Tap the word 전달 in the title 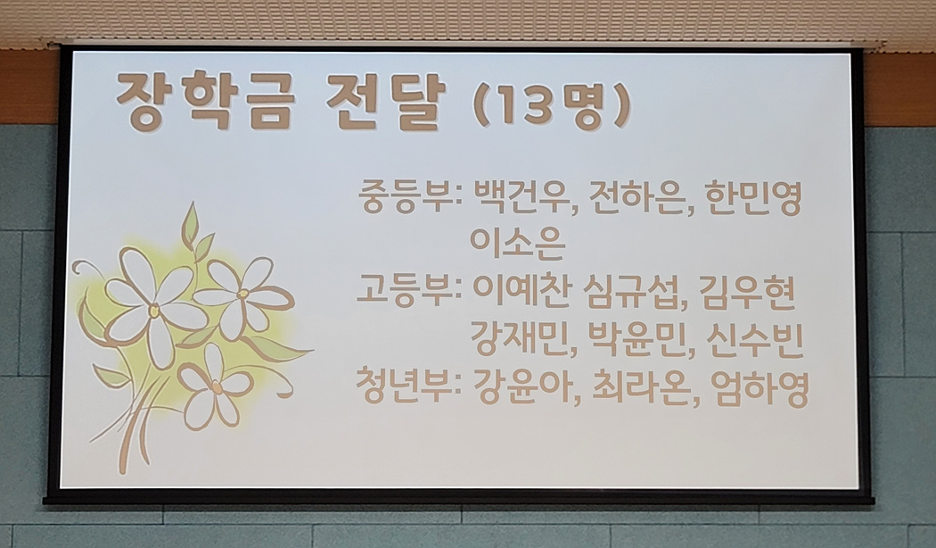pyautogui.click(x=386, y=102)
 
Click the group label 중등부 pyautogui.click(x=408, y=198)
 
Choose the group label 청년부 pyautogui.click(x=407, y=386)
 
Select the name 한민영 pyautogui.click(x=751, y=198)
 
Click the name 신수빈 pyautogui.click(x=753, y=339)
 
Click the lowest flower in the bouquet pyautogui.click(x=214, y=387)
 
